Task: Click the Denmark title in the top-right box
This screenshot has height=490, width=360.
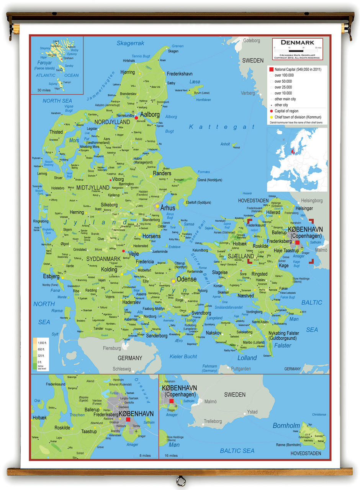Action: click(x=297, y=42)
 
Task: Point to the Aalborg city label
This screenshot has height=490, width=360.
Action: click(x=150, y=114)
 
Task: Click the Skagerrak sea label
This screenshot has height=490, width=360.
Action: click(x=130, y=43)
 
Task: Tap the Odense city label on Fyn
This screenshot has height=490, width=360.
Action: click(x=186, y=279)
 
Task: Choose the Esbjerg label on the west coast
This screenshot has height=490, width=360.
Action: click(x=51, y=276)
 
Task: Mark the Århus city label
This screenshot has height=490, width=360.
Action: click(x=168, y=208)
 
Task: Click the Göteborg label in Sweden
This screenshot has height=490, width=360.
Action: click(x=251, y=41)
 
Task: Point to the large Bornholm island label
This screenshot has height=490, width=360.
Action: click(x=286, y=425)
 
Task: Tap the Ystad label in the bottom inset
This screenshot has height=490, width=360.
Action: click(x=252, y=412)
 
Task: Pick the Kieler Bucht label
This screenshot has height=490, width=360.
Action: click(x=183, y=356)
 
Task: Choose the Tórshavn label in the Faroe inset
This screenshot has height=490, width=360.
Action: click(x=68, y=58)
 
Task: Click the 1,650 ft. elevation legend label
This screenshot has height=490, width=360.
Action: click(x=42, y=342)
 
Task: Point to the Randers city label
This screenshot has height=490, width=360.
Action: click(x=162, y=173)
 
